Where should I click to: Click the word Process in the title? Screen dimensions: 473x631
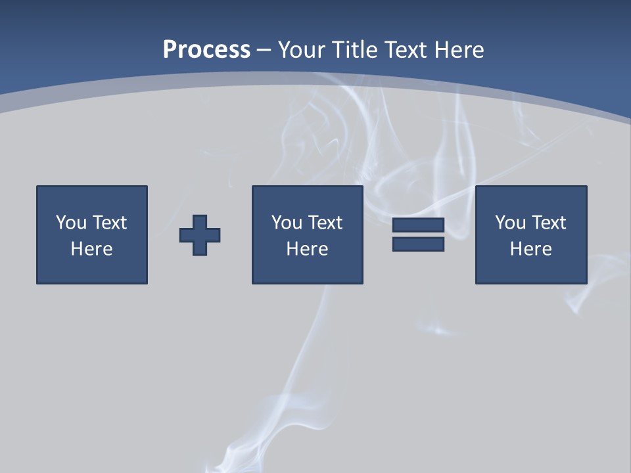206,50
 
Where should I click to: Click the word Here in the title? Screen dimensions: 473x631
459,50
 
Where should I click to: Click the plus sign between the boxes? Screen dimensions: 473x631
200,235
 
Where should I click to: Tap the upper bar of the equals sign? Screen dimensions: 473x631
418,225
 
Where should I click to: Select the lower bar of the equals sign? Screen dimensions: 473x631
418,244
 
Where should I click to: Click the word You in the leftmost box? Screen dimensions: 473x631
70,223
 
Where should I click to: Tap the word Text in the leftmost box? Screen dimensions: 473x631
109,223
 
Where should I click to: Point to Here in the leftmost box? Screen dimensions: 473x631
92,249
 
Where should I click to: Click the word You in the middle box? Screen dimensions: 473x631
286,223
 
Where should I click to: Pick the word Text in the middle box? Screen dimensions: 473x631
325,223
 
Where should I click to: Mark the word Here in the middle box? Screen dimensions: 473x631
308,249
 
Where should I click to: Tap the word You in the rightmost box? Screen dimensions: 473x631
509,223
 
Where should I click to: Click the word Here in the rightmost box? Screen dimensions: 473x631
531,249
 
